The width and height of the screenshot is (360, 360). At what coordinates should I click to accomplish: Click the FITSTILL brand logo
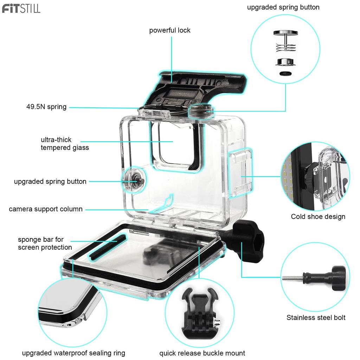[x=21, y=8]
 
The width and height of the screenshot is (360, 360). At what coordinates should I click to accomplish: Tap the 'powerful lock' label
[x=170, y=30]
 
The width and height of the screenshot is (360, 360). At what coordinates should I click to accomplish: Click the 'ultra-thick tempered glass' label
[x=65, y=144]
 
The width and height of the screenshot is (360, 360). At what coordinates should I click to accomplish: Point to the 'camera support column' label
[x=46, y=209]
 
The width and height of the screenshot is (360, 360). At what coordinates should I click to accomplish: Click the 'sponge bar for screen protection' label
[x=45, y=244]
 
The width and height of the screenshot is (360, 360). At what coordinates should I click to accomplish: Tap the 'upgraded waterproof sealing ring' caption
[x=73, y=353]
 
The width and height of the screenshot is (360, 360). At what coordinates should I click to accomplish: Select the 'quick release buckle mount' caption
[x=202, y=353]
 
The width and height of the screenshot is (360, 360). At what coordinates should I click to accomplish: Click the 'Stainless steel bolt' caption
[x=316, y=318]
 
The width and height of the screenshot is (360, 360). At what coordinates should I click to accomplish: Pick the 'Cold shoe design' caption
[x=318, y=217]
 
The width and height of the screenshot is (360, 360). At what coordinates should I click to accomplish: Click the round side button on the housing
[x=135, y=179]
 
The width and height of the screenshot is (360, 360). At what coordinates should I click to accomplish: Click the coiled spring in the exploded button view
[x=285, y=47]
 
